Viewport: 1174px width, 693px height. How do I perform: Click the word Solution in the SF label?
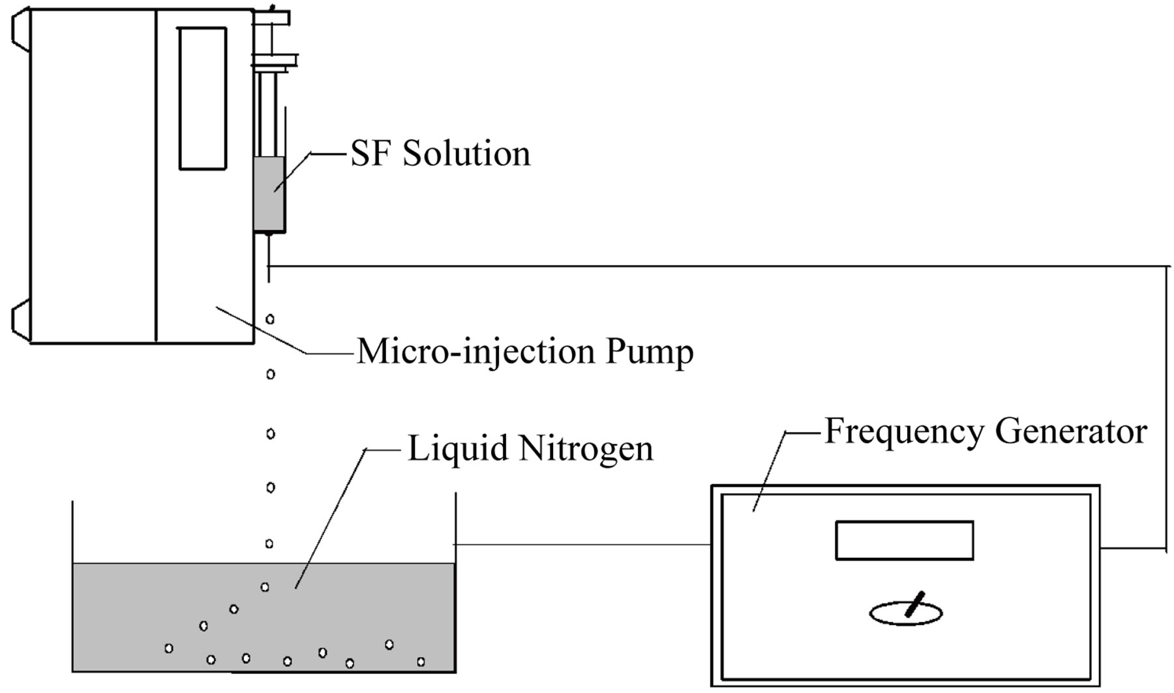(x=466, y=154)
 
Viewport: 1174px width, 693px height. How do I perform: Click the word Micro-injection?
(x=476, y=352)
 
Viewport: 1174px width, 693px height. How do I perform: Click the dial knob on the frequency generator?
(x=907, y=612)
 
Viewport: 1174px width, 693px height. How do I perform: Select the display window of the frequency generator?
(x=904, y=540)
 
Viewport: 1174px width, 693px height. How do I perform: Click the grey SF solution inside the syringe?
(x=269, y=193)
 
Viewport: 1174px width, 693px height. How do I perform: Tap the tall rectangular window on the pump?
(x=203, y=99)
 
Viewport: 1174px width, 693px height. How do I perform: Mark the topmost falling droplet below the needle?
(x=270, y=319)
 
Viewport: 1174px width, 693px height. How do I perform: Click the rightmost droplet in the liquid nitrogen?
(x=421, y=662)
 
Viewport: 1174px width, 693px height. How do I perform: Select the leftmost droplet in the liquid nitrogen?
(x=169, y=648)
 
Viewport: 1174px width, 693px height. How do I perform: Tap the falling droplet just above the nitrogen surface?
(x=269, y=544)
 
